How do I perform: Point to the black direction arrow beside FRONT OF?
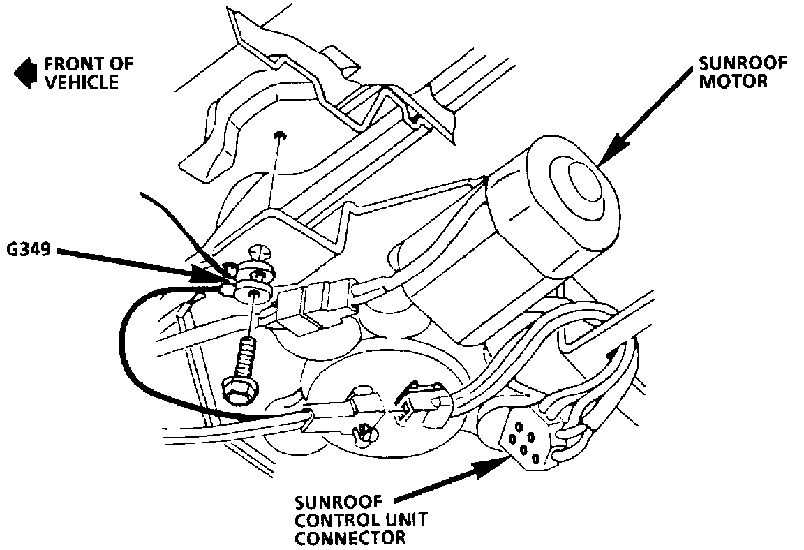[26, 73]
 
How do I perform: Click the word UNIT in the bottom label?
[403, 520]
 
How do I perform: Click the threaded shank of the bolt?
[246, 355]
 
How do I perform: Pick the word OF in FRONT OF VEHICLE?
[121, 66]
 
